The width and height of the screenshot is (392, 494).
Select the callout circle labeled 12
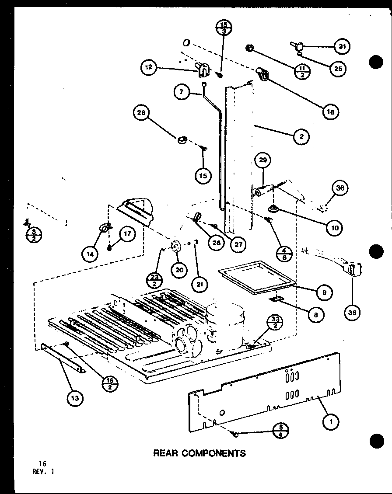149,67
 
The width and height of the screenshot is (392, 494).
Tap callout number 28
142,114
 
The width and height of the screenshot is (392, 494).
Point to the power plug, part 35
353,269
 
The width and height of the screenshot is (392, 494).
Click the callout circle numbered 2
302,136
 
